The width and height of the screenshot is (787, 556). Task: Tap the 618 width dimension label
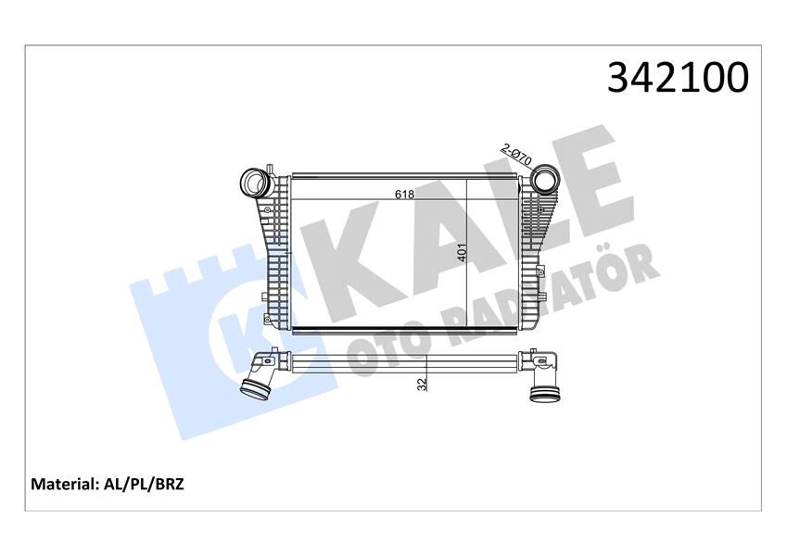[404, 195]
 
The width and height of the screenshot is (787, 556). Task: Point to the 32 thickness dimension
[422, 383]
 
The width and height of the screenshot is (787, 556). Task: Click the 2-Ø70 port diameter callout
[515, 153]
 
